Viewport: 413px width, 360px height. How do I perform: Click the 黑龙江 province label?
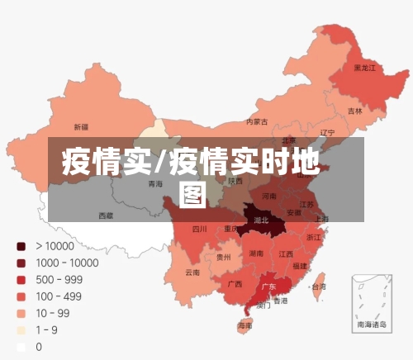(x=364, y=67)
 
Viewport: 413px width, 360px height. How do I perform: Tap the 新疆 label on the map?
(x=81, y=127)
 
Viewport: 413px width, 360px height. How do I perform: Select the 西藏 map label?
(x=106, y=216)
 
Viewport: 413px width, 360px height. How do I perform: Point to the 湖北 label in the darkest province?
(x=261, y=220)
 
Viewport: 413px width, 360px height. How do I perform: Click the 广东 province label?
(x=268, y=287)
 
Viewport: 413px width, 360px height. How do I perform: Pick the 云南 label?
(x=192, y=272)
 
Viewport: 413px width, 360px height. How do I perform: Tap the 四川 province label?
(x=199, y=229)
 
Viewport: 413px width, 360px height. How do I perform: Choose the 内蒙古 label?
(x=257, y=122)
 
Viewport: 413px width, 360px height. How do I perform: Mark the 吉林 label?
(x=354, y=111)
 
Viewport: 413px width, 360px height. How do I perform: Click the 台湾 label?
(x=317, y=287)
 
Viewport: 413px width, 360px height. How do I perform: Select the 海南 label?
(x=244, y=326)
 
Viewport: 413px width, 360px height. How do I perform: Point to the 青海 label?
(x=155, y=184)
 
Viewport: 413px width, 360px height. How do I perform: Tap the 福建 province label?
(x=299, y=266)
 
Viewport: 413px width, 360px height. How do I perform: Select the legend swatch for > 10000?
(x=21, y=246)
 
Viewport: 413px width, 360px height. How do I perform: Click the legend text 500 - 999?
(x=59, y=279)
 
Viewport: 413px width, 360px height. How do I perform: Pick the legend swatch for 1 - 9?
(x=21, y=330)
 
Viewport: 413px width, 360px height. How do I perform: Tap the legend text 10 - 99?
(x=52, y=313)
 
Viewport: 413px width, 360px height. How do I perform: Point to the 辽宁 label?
(x=327, y=132)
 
